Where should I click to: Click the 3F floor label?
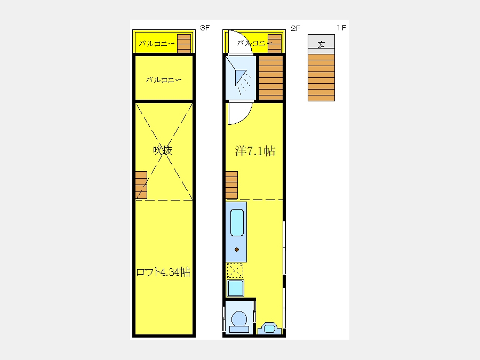pos(205,28)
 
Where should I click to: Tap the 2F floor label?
pos(295,28)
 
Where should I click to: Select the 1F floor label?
pos(341,28)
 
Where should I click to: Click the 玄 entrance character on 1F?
pos(321,45)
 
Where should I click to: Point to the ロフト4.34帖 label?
pos(163,272)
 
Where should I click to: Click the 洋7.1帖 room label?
pos(255,151)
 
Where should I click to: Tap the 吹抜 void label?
pos(163,150)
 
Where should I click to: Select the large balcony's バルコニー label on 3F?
pos(164,80)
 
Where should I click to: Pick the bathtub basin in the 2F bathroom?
pos(237,222)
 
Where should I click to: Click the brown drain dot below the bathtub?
pos(237,250)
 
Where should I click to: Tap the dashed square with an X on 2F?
pos(235,270)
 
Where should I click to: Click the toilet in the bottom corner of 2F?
pos(239,322)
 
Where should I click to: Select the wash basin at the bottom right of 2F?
pos(269,328)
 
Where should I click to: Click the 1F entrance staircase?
pos(321,77)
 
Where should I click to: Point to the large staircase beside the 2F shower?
pos(271,78)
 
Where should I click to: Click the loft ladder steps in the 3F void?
pos(141,185)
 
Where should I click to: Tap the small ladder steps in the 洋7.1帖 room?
pos(231,185)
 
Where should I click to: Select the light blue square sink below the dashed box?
pos(235,288)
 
